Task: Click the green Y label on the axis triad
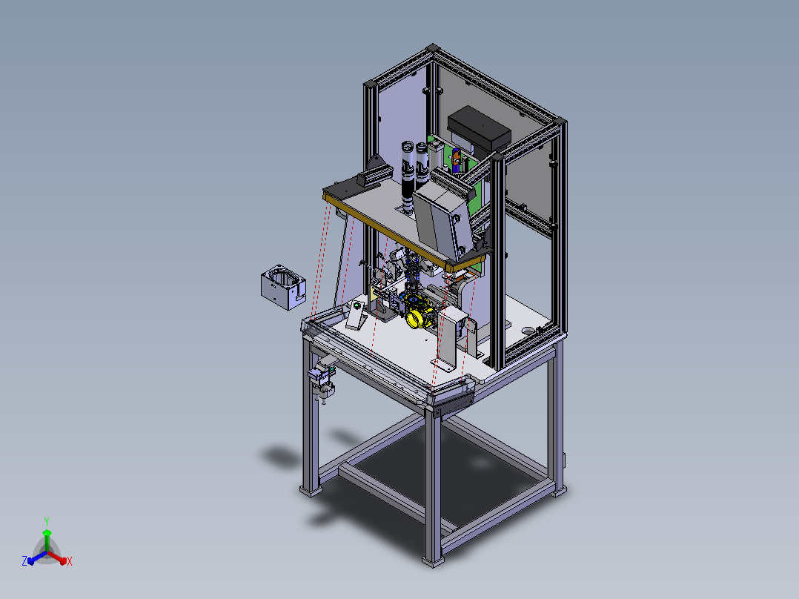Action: coord(47,521)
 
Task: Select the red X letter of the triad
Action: coord(70,561)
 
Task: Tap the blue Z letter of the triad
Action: coord(24,560)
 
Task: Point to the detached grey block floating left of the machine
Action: coord(283,287)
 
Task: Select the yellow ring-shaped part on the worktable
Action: coord(417,316)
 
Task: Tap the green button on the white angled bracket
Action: coord(357,305)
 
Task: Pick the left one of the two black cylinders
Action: coord(408,176)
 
